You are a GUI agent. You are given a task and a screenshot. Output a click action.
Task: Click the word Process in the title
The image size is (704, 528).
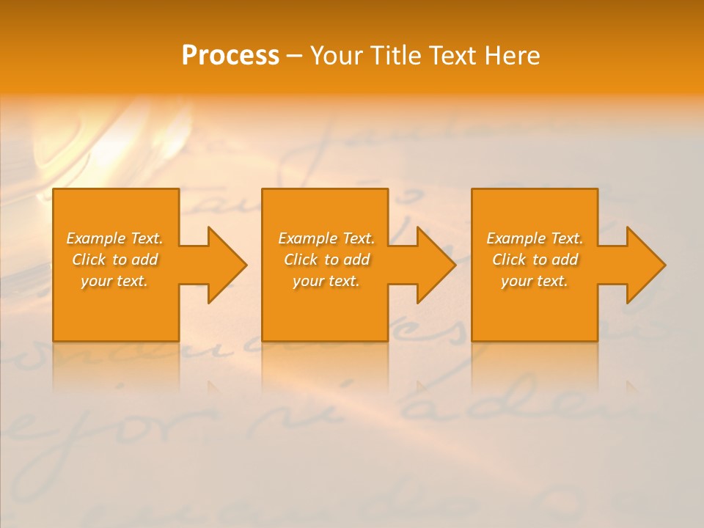click(x=230, y=56)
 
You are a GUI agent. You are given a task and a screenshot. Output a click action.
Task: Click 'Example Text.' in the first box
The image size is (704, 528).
click(x=114, y=238)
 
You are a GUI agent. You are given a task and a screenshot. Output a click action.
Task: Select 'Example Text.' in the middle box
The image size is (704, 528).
click(x=326, y=238)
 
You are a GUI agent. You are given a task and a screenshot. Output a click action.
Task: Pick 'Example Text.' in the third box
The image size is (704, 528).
click(x=535, y=238)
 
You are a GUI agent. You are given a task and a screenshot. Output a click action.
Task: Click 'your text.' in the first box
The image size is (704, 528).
click(x=114, y=281)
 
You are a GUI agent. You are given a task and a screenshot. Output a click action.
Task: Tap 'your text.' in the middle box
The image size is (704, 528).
click(x=326, y=281)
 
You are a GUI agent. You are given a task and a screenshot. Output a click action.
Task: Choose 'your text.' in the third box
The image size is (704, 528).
click(x=535, y=281)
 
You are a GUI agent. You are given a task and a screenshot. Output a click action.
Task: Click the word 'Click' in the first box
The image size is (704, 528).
click(x=89, y=260)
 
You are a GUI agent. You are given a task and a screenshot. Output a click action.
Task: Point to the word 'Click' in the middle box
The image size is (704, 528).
click(x=301, y=260)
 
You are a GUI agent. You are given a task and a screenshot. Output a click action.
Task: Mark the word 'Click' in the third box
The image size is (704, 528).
click(x=509, y=260)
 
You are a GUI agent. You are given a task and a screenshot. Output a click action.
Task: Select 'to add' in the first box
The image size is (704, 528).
click(x=136, y=260)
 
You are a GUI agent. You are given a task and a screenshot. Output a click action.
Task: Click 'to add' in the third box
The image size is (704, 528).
click(x=556, y=260)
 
